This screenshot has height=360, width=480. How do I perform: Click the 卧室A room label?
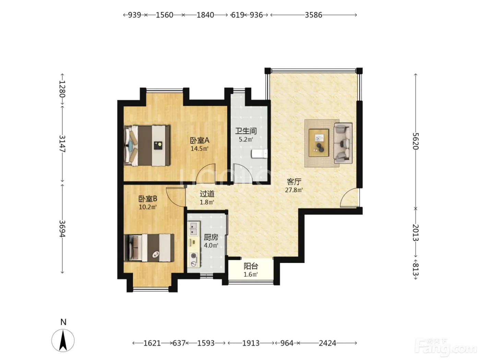click(200, 140)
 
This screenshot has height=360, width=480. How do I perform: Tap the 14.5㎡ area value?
click(200, 149)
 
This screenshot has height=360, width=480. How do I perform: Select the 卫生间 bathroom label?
click(246, 131)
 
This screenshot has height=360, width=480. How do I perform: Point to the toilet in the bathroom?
click(259, 154)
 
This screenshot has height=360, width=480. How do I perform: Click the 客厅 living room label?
click(294, 181)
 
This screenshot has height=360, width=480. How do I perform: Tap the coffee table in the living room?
click(319, 143)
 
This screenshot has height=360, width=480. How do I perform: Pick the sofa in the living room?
click(343, 143)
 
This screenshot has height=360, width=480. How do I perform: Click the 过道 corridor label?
click(207, 194)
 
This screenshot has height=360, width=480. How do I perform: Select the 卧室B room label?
click(148, 199)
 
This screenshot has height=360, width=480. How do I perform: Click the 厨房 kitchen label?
click(211, 237)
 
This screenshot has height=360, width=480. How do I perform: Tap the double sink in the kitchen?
click(193, 229)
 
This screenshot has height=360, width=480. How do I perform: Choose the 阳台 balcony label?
click(251, 266)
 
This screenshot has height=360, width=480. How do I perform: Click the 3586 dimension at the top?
click(313, 15)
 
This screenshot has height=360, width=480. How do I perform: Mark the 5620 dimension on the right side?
click(416, 141)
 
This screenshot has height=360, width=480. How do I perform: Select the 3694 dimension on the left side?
click(62, 228)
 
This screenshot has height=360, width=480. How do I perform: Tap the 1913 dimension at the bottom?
click(251, 343)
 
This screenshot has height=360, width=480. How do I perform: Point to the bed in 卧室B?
click(149, 248)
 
